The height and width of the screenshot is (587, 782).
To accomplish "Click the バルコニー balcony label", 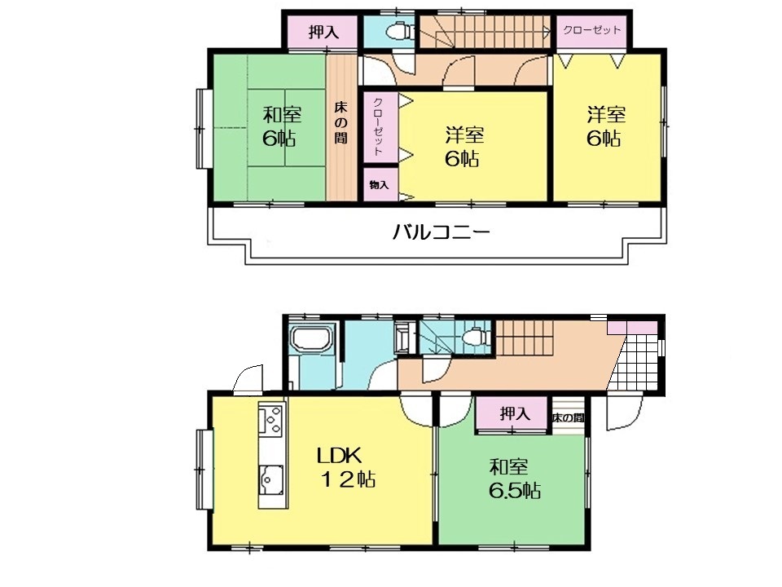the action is [x=442, y=232].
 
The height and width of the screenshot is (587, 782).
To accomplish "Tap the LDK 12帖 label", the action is [x=346, y=467].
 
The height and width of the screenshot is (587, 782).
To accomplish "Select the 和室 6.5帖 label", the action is [x=515, y=479].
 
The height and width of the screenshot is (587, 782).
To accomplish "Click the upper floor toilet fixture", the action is [x=400, y=31].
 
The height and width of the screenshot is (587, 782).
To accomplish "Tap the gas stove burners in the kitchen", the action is [x=272, y=420].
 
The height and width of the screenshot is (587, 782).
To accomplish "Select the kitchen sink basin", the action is [x=271, y=480].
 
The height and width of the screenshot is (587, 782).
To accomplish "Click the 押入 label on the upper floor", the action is [x=323, y=33].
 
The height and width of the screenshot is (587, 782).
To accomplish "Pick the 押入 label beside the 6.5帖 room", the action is [x=515, y=414].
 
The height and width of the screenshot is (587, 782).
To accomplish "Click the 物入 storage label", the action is [x=379, y=185].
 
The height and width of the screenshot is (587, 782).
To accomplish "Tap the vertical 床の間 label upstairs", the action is [x=341, y=122].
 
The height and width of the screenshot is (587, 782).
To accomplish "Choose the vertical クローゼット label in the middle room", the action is [x=378, y=127].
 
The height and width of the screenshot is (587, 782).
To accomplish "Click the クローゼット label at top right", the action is [x=592, y=29].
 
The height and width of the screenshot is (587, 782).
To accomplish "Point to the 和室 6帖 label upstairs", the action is [x=281, y=126].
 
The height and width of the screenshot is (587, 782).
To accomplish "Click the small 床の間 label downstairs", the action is [x=568, y=417].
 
